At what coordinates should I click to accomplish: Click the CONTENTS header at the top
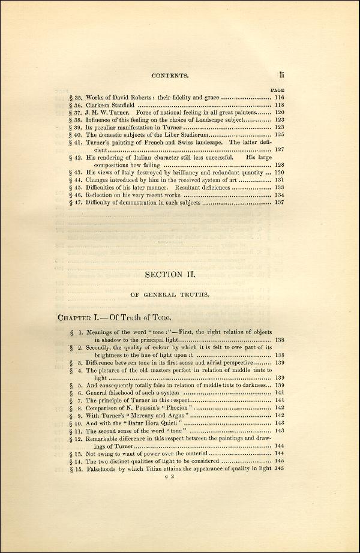(x=170, y=76)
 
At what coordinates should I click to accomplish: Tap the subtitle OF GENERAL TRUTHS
(x=170, y=294)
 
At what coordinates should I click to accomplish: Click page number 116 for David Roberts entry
(x=279, y=97)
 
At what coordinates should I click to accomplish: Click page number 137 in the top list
(x=279, y=203)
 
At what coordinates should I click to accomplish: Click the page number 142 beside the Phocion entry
(x=279, y=408)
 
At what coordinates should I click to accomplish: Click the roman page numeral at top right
(x=281, y=74)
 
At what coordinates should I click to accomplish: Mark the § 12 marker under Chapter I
(x=76, y=439)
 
